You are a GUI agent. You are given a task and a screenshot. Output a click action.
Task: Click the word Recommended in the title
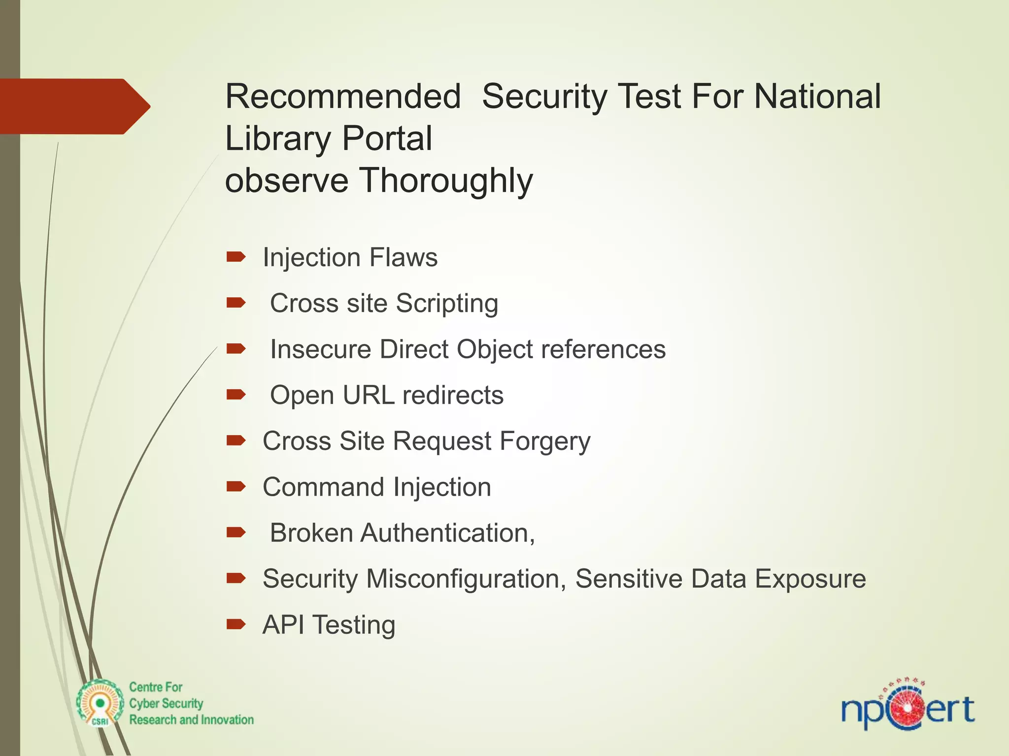click(x=343, y=96)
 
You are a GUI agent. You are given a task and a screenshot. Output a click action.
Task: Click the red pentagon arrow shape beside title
click(x=74, y=106)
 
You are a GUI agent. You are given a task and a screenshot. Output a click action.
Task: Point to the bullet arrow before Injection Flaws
click(x=236, y=256)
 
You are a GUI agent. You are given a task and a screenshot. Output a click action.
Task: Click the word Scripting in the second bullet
click(x=447, y=304)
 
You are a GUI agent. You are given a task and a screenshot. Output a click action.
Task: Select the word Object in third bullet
click(x=494, y=350)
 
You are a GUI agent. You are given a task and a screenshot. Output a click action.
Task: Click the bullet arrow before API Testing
click(x=236, y=625)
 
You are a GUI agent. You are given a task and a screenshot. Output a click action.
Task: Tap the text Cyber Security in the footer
click(x=166, y=703)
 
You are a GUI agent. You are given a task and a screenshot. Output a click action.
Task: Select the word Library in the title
click(x=278, y=139)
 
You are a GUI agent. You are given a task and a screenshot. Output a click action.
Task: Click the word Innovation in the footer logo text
click(x=227, y=720)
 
